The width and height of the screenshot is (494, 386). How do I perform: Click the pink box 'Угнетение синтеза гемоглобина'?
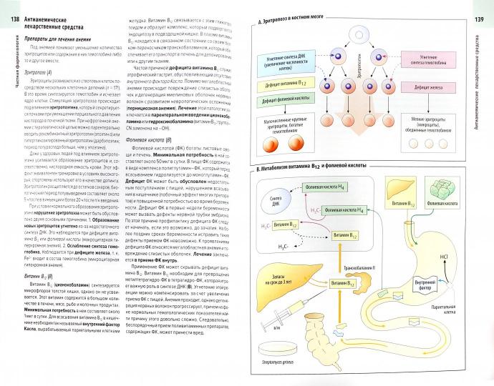coord(430,69)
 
